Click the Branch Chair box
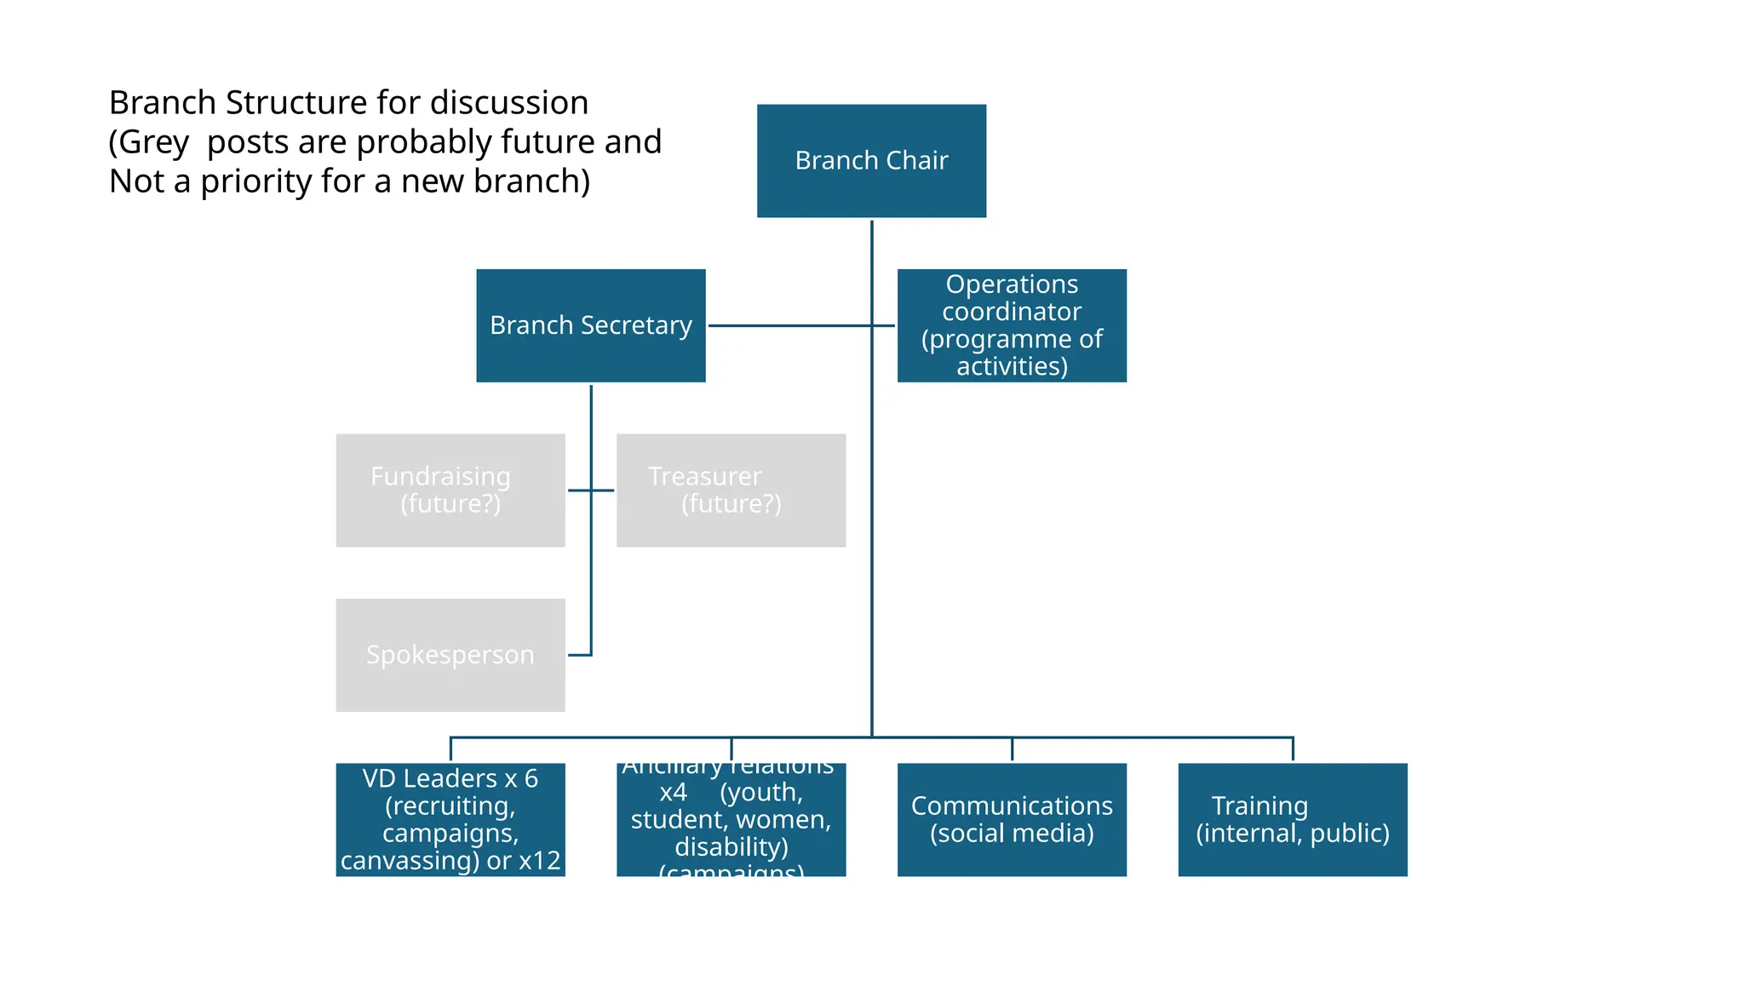click(x=871, y=161)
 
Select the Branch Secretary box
click(x=590, y=325)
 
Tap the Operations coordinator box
click(x=1012, y=325)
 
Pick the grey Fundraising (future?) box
click(x=450, y=490)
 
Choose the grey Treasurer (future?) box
click(x=731, y=490)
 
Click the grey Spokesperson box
click(x=450, y=655)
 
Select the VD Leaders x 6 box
click(x=450, y=819)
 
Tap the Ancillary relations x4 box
click(x=731, y=819)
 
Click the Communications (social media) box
click(x=1012, y=819)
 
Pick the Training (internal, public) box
click(x=1292, y=819)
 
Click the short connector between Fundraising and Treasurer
click(x=590, y=490)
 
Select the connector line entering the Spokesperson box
click(x=579, y=655)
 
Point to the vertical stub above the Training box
click(x=1293, y=749)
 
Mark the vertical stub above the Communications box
click(x=1012, y=749)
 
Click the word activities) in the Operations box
click(x=1012, y=367)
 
